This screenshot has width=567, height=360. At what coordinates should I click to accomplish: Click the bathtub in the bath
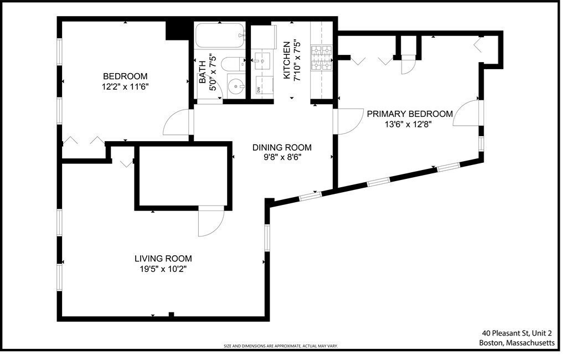[220, 36]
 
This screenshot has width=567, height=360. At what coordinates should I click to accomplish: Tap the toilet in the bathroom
[231, 65]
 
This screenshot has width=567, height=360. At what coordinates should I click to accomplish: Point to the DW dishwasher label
[259, 89]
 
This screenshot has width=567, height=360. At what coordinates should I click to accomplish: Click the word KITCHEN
[287, 60]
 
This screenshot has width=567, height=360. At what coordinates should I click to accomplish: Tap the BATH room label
[202, 72]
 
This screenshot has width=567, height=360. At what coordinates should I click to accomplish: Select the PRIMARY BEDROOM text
[409, 114]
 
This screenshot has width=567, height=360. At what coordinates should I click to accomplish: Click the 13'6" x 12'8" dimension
[408, 124]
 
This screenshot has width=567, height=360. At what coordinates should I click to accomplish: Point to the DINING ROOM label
[282, 147]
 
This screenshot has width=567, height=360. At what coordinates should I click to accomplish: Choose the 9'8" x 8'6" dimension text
[282, 157]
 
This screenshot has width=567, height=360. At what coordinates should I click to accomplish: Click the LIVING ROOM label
[163, 259]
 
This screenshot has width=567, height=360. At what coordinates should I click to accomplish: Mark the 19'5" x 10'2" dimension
[163, 269]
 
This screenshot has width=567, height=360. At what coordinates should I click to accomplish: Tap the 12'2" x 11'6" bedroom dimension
[125, 86]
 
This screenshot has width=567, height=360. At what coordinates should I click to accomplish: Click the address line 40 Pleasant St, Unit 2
[517, 333]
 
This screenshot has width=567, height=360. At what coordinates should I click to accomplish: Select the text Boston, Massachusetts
[517, 343]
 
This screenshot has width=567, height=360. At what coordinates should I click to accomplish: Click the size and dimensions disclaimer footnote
[280, 346]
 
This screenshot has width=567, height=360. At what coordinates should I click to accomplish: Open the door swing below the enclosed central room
[210, 222]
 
